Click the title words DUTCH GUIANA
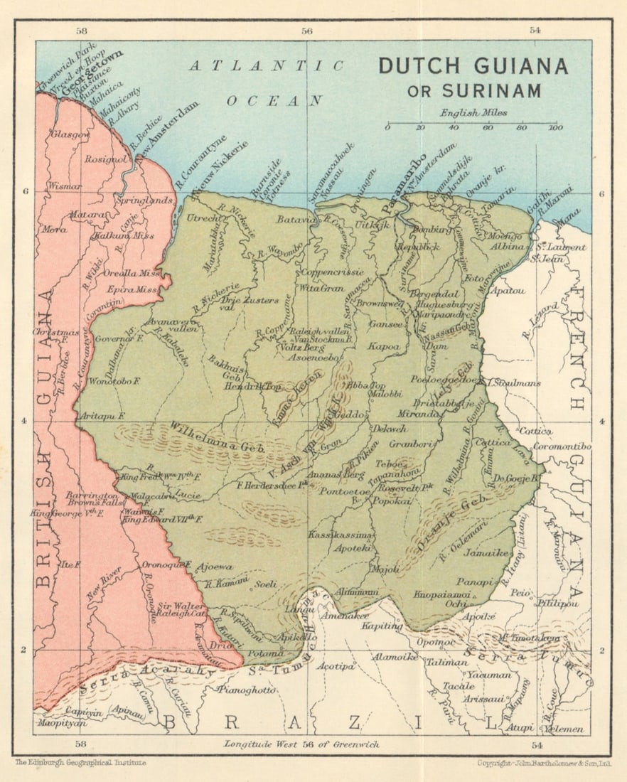473,66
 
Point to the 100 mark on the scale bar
555,127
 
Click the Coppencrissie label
332,272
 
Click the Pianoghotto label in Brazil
247,690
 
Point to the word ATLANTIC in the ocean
267,66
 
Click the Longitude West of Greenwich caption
301,744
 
